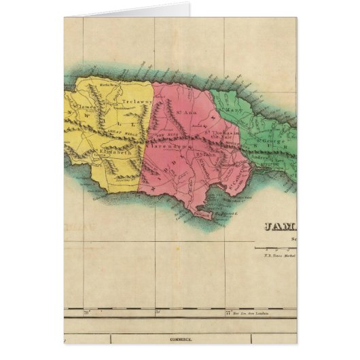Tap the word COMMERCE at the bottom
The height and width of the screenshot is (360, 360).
[x=180, y=338]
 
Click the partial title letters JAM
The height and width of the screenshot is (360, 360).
[x=275, y=229]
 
